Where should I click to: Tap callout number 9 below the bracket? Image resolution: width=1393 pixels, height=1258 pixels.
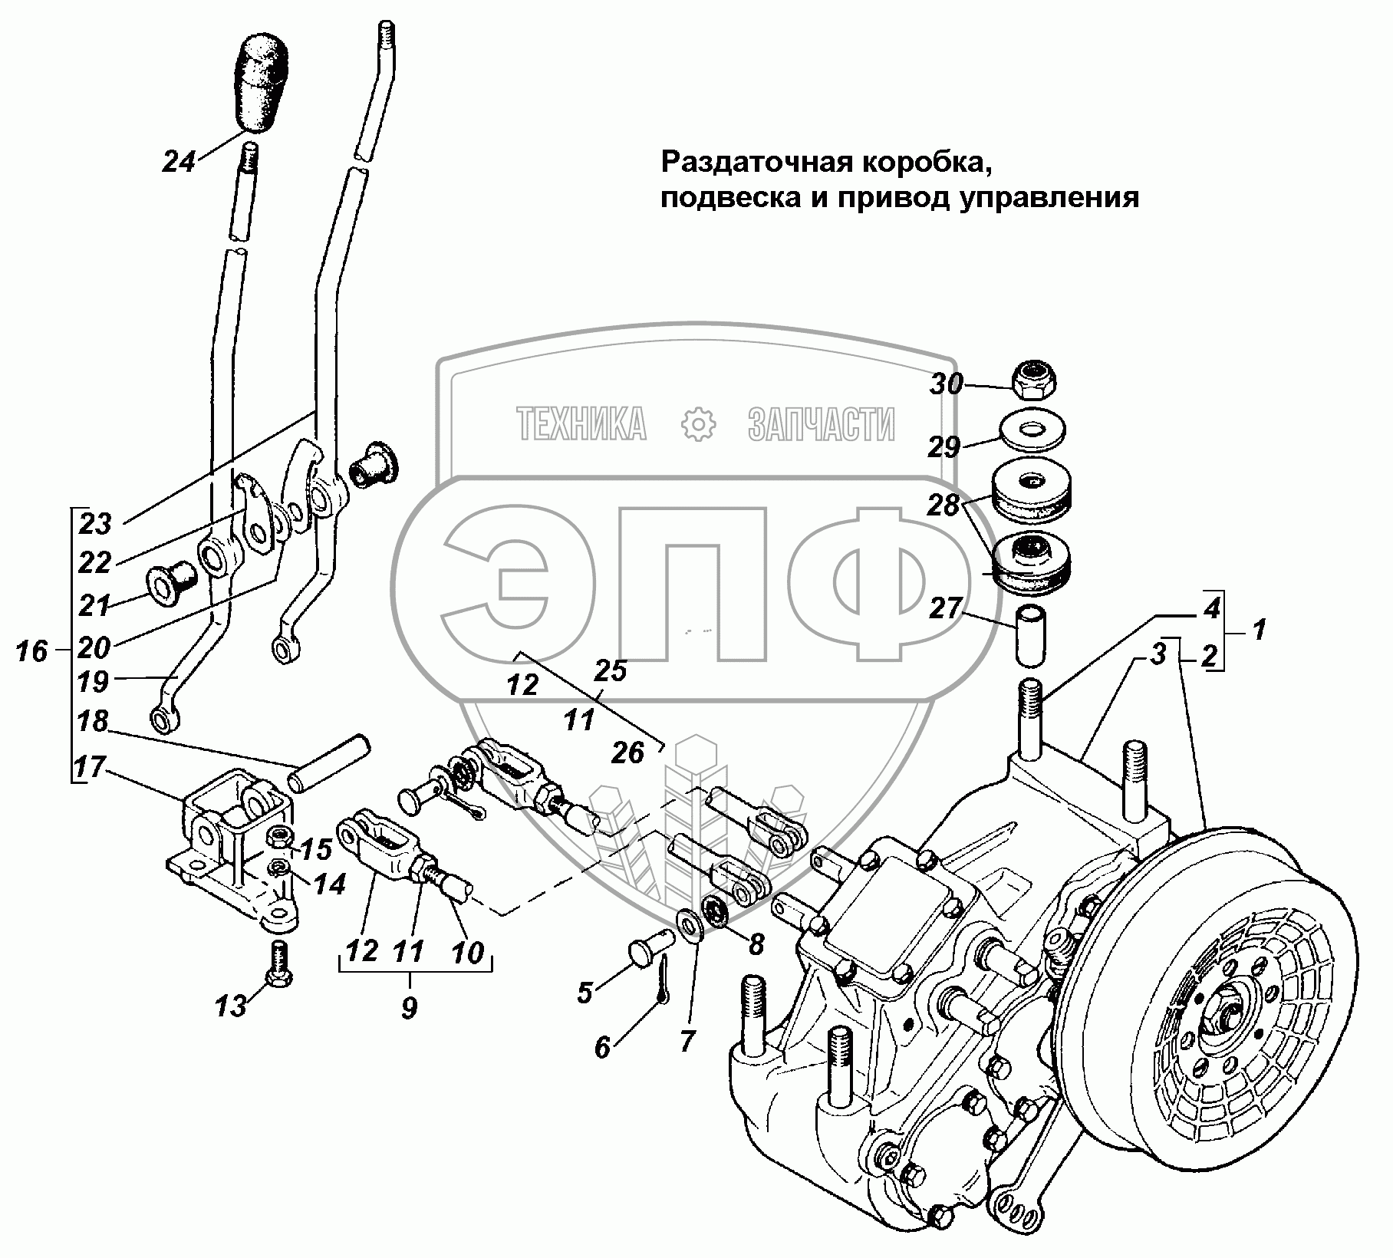click(x=409, y=1007)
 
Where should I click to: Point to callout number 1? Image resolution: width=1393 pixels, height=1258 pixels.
click(x=1258, y=631)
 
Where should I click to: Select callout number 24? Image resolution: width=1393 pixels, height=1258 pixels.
click(x=179, y=162)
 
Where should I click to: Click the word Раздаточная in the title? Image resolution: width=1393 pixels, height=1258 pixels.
click(x=756, y=162)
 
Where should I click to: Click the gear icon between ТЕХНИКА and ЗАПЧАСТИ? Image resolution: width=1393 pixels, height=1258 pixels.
click(x=697, y=423)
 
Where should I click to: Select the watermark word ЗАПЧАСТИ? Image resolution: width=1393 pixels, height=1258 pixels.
click(x=820, y=424)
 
